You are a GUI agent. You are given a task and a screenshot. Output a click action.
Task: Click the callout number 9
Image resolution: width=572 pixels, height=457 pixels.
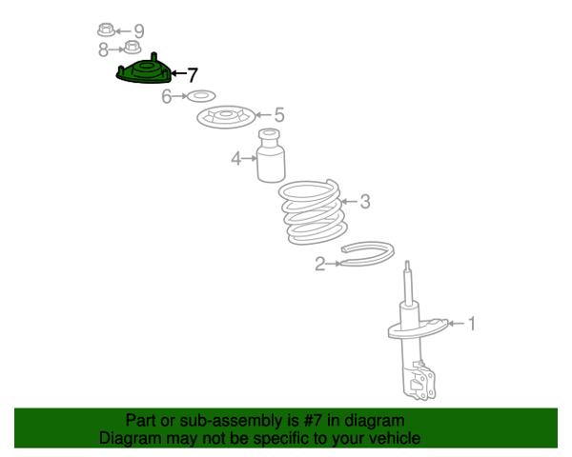tap(138, 31)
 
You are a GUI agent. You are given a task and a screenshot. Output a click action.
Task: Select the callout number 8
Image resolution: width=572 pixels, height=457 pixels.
tap(104, 50)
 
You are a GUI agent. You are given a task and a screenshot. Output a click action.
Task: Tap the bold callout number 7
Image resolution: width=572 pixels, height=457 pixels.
tap(193, 75)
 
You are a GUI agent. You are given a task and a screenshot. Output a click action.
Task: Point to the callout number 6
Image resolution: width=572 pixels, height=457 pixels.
tap(166, 96)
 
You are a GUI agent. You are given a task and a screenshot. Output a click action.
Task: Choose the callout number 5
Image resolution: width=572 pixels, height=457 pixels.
tap(279, 115)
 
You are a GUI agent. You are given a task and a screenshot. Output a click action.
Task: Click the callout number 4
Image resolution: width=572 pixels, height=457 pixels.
tap(236, 159)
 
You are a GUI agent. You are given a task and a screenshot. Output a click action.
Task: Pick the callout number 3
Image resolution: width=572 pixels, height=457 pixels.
tap(365, 202)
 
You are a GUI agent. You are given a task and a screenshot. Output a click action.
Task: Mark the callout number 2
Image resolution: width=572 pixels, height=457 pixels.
tap(320, 264)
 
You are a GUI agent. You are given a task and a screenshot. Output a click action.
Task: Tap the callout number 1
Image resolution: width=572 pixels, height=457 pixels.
tap(472, 324)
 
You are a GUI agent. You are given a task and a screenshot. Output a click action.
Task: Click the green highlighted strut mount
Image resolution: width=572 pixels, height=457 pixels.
tap(144, 70)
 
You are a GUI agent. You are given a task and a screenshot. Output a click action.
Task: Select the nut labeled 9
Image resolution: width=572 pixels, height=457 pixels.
tap(106, 30)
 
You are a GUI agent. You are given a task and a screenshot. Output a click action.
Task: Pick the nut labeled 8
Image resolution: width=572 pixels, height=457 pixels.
tap(133, 47)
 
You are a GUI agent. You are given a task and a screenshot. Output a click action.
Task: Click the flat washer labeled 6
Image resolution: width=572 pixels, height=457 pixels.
tap(200, 96)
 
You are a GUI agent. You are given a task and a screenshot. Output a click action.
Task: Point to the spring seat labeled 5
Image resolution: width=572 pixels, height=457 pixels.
tap(226, 116)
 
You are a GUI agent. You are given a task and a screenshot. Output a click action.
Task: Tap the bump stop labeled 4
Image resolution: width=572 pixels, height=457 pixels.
tap(271, 155)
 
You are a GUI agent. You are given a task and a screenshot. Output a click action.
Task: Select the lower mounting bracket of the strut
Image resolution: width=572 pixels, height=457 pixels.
tap(419, 380)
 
